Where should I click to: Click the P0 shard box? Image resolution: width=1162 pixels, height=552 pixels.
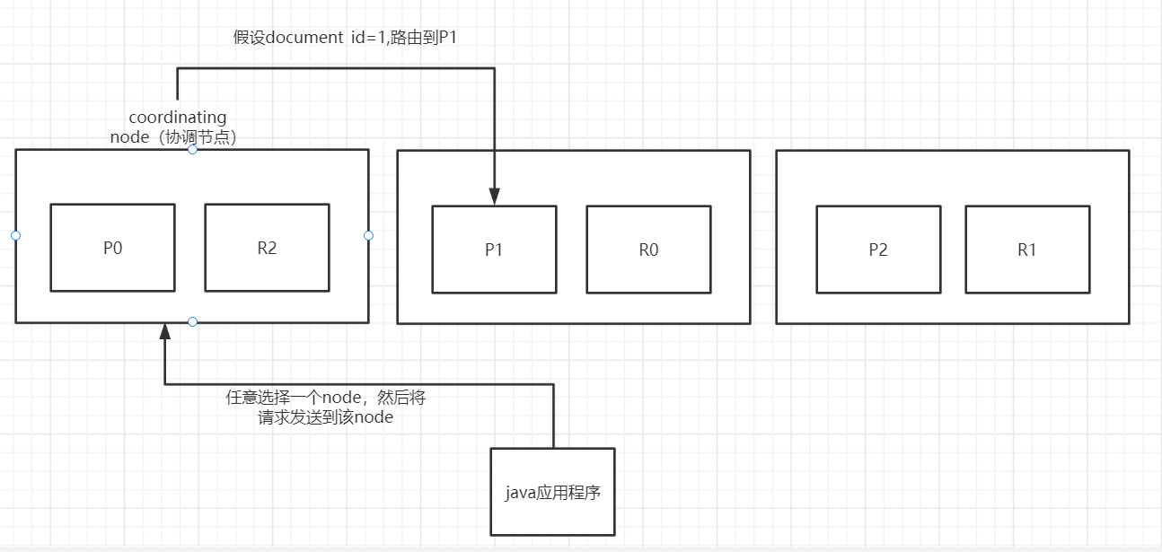click(112, 248)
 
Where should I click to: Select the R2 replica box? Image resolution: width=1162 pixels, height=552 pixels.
click(267, 248)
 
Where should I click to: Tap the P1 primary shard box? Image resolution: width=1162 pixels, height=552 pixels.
click(494, 250)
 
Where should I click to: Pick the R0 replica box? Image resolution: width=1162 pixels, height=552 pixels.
click(648, 250)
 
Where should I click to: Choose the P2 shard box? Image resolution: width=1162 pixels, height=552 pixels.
click(878, 250)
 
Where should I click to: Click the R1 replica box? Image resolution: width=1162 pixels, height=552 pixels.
click(1027, 250)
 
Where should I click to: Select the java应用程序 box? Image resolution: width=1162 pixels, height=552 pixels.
click(552, 491)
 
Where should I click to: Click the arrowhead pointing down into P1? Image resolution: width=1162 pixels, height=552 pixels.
click(494, 196)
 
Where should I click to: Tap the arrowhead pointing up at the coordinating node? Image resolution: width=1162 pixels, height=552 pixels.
click(164, 331)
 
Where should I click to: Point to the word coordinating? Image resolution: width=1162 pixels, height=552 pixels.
click(178, 118)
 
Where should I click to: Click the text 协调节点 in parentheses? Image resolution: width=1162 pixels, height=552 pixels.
click(205, 136)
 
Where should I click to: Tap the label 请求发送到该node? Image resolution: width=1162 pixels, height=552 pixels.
click(325, 417)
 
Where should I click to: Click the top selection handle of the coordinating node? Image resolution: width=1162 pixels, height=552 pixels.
click(192, 149)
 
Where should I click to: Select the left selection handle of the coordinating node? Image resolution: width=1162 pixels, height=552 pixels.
click(15, 235)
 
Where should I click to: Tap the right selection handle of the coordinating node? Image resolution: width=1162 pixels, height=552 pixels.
click(368, 235)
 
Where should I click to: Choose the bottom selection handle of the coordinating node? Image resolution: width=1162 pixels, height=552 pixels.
click(192, 321)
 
